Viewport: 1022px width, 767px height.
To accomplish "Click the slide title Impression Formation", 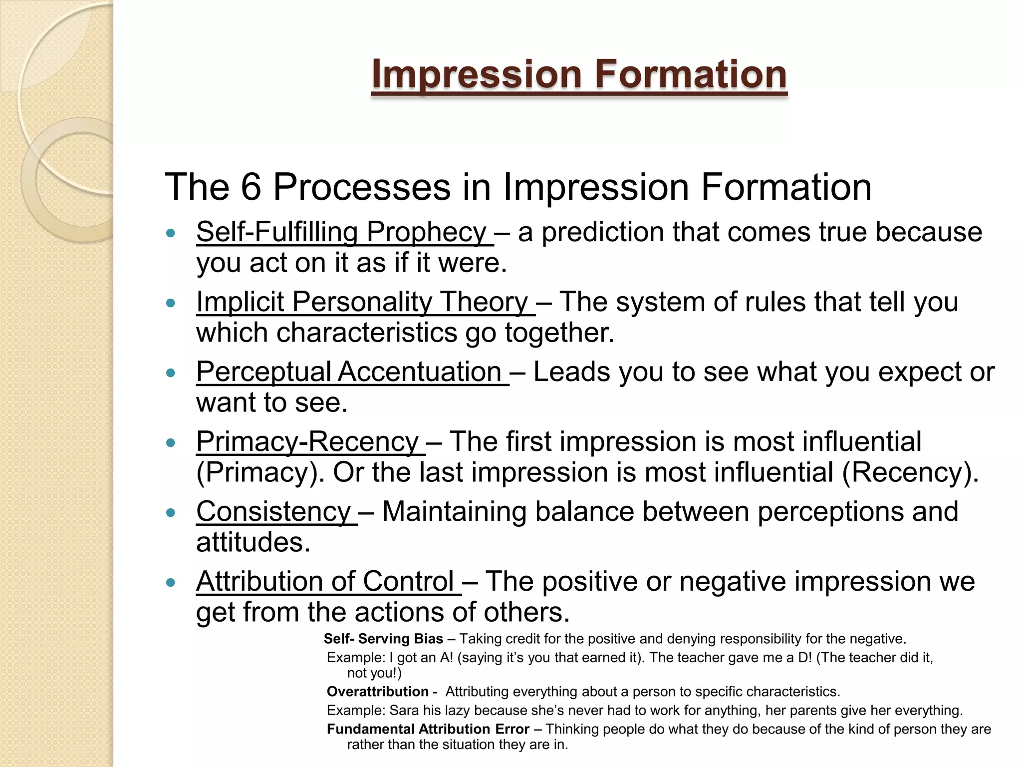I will pos(579,74).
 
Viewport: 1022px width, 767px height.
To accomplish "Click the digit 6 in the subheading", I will pos(251,187).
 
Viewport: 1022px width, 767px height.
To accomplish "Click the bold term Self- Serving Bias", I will pos(383,639).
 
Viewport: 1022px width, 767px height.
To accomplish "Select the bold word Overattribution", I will pos(378,692).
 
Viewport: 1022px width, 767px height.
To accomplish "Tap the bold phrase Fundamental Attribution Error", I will pos(428,729).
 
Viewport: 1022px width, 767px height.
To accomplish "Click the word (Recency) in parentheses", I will pos(910,472).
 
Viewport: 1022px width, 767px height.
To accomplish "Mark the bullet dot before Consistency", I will pos(171,512).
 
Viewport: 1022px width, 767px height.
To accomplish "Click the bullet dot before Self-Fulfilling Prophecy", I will pos(171,233).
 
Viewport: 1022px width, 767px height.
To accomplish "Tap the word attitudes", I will pos(253,542).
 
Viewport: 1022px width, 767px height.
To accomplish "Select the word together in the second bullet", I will pos(559,333).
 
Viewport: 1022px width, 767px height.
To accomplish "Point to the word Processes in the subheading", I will pos(362,187).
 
